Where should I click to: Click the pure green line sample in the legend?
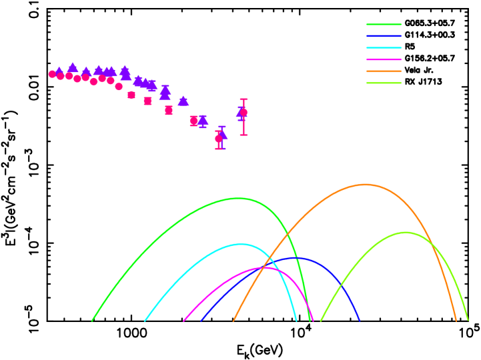(x=384, y=24)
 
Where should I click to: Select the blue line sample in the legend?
(x=384, y=36)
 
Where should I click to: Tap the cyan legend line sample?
(x=384, y=48)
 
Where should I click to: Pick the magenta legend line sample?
(x=384, y=59)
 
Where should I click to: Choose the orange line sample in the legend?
(x=384, y=71)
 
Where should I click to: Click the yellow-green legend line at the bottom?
(x=384, y=83)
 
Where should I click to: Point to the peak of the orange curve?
(x=365, y=185)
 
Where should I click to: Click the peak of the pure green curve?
(x=238, y=198)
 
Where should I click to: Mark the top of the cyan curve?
(x=242, y=244)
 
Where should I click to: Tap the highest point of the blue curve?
(x=296, y=258)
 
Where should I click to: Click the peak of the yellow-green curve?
(x=405, y=233)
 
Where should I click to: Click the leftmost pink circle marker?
(x=52, y=74)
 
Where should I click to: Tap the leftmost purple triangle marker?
(x=59, y=71)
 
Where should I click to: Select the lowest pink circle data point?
(x=218, y=139)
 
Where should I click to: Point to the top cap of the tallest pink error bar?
(x=244, y=99)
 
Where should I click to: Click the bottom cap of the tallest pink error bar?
(x=244, y=135)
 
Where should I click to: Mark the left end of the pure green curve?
(x=92, y=321)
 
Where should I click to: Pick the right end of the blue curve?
(x=359, y=321)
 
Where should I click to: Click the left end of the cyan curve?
(x=145, y=321)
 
